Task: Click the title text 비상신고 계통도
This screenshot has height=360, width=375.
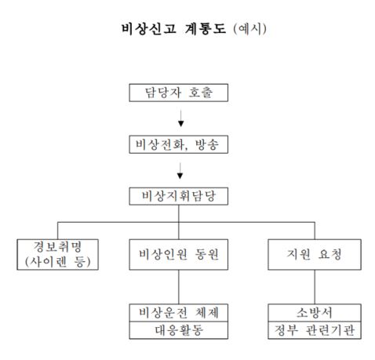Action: point(173,28)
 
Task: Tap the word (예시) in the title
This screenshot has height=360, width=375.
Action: point(250,29)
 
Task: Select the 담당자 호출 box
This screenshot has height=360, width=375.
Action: point(179,93)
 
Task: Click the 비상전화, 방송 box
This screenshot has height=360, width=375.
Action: point(179,144)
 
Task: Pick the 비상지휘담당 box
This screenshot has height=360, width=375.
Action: point(179,196)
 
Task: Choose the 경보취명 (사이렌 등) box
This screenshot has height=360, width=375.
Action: point(57,254)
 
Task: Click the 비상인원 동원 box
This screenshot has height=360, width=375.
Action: point(179,254)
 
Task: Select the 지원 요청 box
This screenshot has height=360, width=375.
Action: point(315,254)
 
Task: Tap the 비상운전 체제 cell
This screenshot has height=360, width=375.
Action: point(179,313)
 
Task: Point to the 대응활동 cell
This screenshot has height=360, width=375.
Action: point(179,330)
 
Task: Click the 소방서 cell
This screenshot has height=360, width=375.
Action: point(315,313)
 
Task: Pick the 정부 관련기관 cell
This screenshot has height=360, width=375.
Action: point(315,330)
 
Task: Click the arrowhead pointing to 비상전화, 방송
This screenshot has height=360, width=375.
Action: point(180,123)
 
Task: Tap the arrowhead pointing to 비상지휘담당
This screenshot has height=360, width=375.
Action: point(180,176)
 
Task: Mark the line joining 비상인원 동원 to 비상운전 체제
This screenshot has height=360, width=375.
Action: point(179,287)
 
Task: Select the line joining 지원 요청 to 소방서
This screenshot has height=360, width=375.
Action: point(315,287)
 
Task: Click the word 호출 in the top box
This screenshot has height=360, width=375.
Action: point(201,93)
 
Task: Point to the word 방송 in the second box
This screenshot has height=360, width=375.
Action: point(206,144)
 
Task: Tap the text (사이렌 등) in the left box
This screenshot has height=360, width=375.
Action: point(57,262)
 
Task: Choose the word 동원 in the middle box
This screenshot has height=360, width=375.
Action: point(206,254)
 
